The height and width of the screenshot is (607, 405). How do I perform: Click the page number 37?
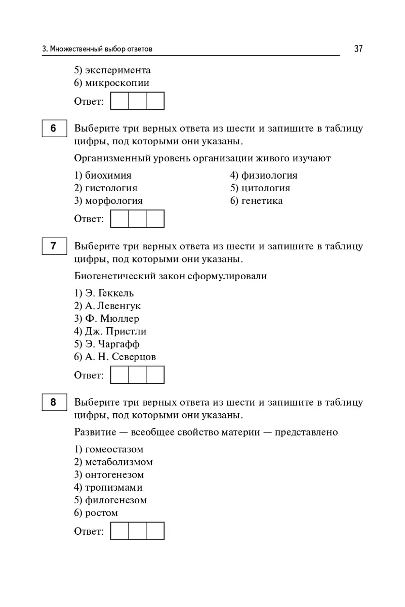click(x=358, y=49)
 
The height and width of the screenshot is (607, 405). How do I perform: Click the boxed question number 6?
click(x=53, y=128)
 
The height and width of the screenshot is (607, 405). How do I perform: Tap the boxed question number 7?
click(x=53, y=246)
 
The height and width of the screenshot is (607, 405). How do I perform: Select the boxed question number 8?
click(x=53, y=403)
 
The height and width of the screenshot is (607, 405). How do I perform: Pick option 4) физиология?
click(x=264, y=176)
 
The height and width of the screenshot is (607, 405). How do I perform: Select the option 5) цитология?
click(x=260, y=188)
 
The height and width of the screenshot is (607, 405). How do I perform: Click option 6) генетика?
click(x=256, y=201)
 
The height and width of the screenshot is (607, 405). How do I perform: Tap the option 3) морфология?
click(x=108, y=201)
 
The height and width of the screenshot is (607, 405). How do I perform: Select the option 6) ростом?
click(x=96, y=512)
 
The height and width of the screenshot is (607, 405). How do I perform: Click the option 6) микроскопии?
click(x=112, y=83)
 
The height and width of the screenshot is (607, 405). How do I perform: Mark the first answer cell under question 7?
click(x=119, y=375)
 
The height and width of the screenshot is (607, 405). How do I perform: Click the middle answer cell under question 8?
click(x=137, y=531)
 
